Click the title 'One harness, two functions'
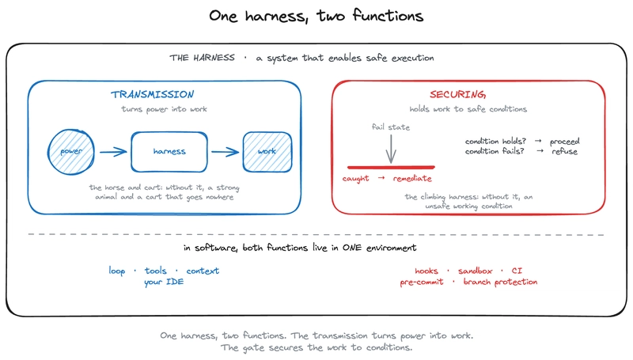click(316, 16)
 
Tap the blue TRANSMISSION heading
click(152, 94)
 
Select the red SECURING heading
click(457, 94)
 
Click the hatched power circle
click(71, 152)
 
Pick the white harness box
click(169, 152)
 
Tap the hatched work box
click(267, 152)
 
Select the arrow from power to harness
click(113, 152)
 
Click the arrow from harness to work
click(226, 152)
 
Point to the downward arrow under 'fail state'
click(391, 149)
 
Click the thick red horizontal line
click(391, 167)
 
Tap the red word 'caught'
click(355, 178)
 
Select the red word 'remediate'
click(412, 178)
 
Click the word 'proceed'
click(564, 142)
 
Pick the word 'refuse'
click(564, 151)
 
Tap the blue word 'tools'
click(155, 271)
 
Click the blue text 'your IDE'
click(164, 282)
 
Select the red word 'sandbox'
click(476, 271)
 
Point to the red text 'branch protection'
click(500, 282)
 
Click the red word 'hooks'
click(426, 271)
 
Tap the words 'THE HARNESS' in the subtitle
click(202, 58)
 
